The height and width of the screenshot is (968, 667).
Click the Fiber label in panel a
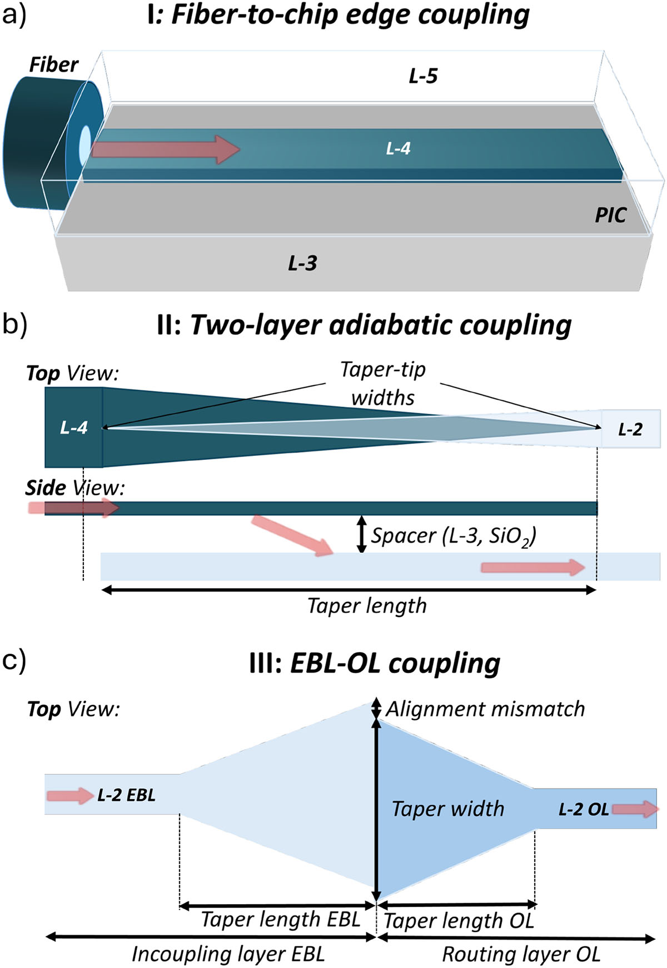pyautogui.click(x=53, y=65)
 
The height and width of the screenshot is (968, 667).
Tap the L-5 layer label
pyautogui.click(x=423, y=76)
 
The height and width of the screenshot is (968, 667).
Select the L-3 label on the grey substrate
pyautogui.click(x=302, y=263)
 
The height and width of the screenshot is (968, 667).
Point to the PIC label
pyautogui.click(x=611, y=215)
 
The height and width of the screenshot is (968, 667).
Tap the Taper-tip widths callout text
pyautogui.click(x=383, y=383)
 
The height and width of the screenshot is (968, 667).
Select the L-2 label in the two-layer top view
pyautogui.click(x=630, y=429)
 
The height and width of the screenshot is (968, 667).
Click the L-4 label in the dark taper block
pyautogui.click(x=74, y=427)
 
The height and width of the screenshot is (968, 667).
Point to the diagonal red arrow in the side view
pyautogui.click(x=292, y=535)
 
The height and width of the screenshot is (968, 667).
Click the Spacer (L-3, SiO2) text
pyautogui.click(x=454, y=536)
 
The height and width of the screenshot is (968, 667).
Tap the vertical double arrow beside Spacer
pyautogui.click(x=361, y=534)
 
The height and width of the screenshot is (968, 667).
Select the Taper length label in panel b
pyautogui.click(x=367, y=605)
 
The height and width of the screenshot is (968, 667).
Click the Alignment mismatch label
pyautogui.click(x=485, y=709)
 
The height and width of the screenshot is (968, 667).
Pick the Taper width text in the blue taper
pyautogui.click(x=448, y=809)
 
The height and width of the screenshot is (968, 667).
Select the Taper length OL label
pyautogui.click(x=459, y=921)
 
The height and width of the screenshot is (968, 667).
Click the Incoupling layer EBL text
pyautogui.click(x=228, y=954)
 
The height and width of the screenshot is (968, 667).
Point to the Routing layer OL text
pyautogui.click(x=521, y=954)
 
